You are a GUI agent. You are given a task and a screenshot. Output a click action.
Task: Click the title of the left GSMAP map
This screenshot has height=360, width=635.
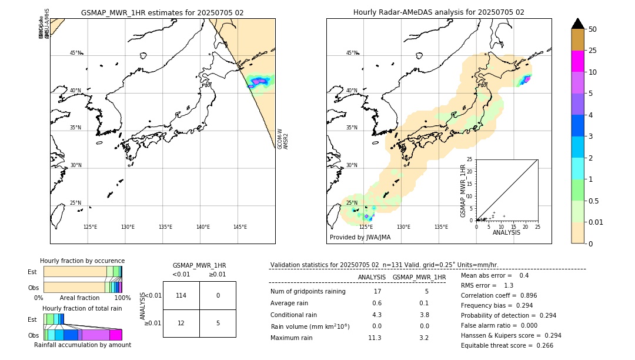coord(162,12)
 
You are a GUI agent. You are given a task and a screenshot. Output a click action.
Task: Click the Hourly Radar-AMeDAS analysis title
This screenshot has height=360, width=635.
coord(439,12)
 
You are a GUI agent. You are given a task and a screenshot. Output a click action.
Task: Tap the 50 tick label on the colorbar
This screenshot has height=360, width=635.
coord(593,29)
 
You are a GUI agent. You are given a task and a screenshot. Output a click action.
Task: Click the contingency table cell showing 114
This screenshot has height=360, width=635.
coord(181,295)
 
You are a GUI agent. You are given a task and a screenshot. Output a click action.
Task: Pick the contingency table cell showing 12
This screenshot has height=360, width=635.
coord(181,323)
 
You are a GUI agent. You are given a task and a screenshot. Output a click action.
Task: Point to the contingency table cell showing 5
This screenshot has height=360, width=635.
coord(218,323)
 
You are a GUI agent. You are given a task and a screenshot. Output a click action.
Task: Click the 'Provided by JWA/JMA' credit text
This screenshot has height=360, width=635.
coord(360,238)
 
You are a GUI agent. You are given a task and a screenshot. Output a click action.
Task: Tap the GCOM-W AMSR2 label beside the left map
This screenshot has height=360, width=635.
coord(283,139)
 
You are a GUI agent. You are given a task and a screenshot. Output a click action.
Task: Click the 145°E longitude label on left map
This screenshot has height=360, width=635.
coord(240,227)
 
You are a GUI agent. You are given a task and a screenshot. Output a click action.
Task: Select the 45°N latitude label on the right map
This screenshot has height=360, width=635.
coord(352,53)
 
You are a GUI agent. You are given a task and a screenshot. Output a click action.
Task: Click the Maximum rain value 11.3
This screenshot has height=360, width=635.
coord(375,338)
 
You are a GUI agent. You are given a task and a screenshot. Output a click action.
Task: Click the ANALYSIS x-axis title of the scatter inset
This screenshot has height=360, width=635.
coord(506,232)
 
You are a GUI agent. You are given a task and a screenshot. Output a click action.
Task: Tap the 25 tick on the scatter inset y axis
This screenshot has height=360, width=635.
coord(470,159)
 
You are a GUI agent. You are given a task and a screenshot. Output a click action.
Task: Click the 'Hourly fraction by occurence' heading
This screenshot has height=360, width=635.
coord(82,261)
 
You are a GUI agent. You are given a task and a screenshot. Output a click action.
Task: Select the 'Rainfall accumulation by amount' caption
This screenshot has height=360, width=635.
coord(82,345)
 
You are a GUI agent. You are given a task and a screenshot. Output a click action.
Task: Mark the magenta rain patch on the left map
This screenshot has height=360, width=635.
coord(259,81)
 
